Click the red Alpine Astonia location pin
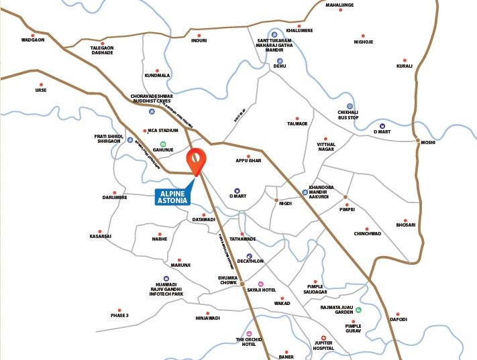point(196,160)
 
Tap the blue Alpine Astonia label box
point(173,197)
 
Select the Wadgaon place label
point(32,40)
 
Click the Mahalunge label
point(339,5)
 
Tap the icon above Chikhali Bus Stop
point(350,106)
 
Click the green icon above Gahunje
point(163,143)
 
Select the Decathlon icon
point(250,256)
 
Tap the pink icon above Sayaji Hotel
point(261,284)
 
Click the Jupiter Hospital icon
point(323,338)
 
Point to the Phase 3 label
point(119,315)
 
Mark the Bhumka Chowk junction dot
point(242,284)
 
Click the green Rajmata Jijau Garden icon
point(358,310)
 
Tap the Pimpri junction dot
point(346,197)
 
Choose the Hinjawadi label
point(207,318)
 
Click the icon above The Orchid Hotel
point(250,333)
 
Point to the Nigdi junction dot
point(276,200)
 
